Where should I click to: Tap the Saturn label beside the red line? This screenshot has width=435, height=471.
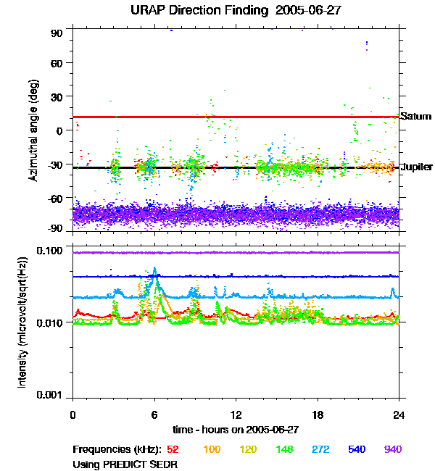tap(415, 116)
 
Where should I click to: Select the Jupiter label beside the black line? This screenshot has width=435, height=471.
tap(417, 167)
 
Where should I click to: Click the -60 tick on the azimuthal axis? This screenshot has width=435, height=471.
tap(57, 198)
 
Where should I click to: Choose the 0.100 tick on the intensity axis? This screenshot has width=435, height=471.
tap(51, 251)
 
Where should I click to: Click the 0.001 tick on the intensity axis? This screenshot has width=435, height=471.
tap(51, 395)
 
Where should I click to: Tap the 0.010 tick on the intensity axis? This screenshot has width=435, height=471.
tap(51, 322)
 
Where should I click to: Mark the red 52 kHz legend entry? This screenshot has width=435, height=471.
tap(173, 450)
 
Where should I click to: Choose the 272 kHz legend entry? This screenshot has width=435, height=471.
tap(320, 450)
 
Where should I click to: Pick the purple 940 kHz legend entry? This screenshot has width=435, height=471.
tap(392, 450)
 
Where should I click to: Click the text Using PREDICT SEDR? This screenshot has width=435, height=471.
tap(125, 463)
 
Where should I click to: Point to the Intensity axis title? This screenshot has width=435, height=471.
tap(22, 323)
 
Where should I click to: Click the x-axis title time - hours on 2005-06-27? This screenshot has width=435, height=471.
tap(235, 429)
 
